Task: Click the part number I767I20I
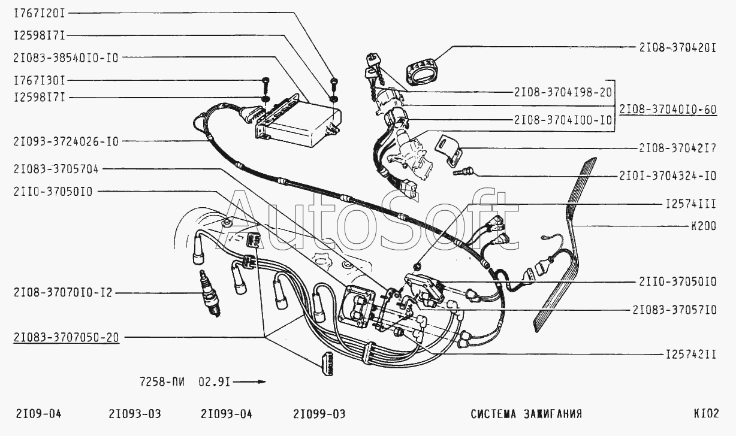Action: (40, 13)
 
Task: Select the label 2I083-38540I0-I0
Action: (66, 57)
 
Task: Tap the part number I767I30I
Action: (40, 80)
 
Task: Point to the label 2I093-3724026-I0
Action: (66, 141)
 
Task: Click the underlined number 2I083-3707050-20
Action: (66, 337)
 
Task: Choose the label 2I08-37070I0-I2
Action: (63, 292)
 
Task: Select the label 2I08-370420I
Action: (677, 48)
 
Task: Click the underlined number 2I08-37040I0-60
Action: (668, 110)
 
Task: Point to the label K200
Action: (704, 226)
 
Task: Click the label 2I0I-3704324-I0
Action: (668, 176)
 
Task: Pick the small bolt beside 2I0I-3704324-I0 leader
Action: (463, 171)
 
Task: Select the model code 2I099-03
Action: (319, 414)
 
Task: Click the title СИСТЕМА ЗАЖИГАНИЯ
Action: (526, 414)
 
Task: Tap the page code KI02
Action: (707, 413)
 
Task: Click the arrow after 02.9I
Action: (249, 382)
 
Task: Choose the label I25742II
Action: (691, 355)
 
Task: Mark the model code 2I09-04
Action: (39, 414)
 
